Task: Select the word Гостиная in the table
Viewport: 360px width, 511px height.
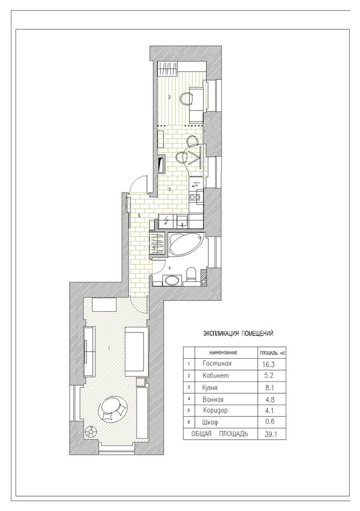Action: [x=217, y=363]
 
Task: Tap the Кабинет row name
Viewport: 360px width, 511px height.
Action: [x=216, y=375]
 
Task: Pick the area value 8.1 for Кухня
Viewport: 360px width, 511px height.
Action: [x=269, y=388]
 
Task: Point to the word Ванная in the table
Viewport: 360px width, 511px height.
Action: [x=213, y=400]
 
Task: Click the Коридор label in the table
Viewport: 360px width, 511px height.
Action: [x=216, y=411]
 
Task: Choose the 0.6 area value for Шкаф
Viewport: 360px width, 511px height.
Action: [x=270, y=421]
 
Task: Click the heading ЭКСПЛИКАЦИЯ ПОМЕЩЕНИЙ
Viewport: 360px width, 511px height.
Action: [x=238, y=333]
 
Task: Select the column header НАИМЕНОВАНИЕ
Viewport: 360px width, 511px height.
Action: [x=223, y=353]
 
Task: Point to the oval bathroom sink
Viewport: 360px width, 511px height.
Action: [x=172, y=280]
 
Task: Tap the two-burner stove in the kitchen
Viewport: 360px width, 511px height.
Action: [x=194, y=197]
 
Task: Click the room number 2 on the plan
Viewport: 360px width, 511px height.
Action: [x=169, y=97]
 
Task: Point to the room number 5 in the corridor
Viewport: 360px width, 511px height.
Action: [x=139, y=215]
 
